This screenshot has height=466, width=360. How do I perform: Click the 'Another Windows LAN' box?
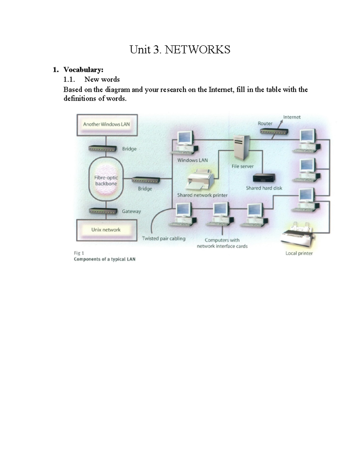107,125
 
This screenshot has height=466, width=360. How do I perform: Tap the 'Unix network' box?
107,230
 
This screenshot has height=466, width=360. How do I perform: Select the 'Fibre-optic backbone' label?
106,181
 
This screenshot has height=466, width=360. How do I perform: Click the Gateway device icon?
103,211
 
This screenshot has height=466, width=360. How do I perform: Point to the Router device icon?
274,131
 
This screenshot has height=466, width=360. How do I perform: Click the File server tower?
242,148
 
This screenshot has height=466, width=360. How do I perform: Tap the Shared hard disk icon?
264,178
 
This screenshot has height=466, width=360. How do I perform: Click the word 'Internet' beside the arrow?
292,117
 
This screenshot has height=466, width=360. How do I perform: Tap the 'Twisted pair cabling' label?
163,239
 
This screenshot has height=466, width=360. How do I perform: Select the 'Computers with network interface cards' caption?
222,243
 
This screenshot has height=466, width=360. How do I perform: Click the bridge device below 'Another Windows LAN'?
103,149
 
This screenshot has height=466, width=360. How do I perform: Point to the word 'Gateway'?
131,211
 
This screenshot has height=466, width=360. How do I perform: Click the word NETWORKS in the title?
197,50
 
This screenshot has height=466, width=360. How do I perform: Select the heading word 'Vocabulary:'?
83,70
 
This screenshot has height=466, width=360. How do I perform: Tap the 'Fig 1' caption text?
79,253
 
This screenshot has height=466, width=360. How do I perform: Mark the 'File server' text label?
242,166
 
